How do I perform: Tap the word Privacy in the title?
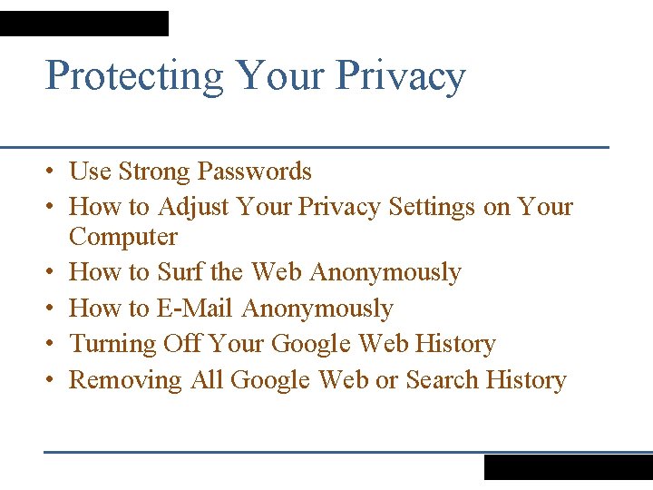coord(401,76)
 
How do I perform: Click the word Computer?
coord(123,237)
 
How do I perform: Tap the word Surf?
coord(180,272)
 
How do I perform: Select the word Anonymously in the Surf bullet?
coord(385,272)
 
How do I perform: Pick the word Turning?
coord(113,344)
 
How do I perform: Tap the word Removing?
coord(125,379)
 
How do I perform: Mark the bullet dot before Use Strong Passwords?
coord(54,172)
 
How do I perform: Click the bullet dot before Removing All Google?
coord(54,380)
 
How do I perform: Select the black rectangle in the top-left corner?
coord(84,24)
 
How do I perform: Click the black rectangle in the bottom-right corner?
coord(568,466)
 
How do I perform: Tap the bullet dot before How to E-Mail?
coord(54,309)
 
